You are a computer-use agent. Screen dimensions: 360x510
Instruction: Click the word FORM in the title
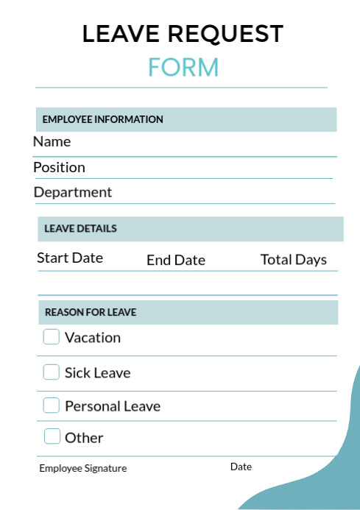183,67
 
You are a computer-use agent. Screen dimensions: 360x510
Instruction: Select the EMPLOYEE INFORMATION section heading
102,119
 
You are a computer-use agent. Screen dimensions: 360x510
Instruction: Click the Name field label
52,141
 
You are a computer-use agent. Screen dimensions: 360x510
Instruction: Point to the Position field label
59,167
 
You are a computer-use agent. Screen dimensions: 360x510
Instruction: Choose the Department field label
73,192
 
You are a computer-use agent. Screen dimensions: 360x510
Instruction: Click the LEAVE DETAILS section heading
80,228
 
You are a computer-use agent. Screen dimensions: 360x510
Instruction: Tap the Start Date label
70,258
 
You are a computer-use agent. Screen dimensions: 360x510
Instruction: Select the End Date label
176,260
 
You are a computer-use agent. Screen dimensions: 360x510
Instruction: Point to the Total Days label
294,260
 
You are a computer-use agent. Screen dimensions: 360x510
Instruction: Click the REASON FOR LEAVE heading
91,312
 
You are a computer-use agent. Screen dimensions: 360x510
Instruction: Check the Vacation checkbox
51,337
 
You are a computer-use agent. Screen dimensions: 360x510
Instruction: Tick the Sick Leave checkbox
51,372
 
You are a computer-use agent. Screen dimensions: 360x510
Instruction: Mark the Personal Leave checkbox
51,405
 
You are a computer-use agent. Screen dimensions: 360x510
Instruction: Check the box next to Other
52,436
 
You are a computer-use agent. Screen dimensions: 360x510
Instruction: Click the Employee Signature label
82,468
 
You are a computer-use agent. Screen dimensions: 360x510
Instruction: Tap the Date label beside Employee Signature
241,467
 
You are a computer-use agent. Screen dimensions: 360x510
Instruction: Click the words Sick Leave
97,373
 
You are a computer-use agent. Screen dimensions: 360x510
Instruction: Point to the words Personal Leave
113,406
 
